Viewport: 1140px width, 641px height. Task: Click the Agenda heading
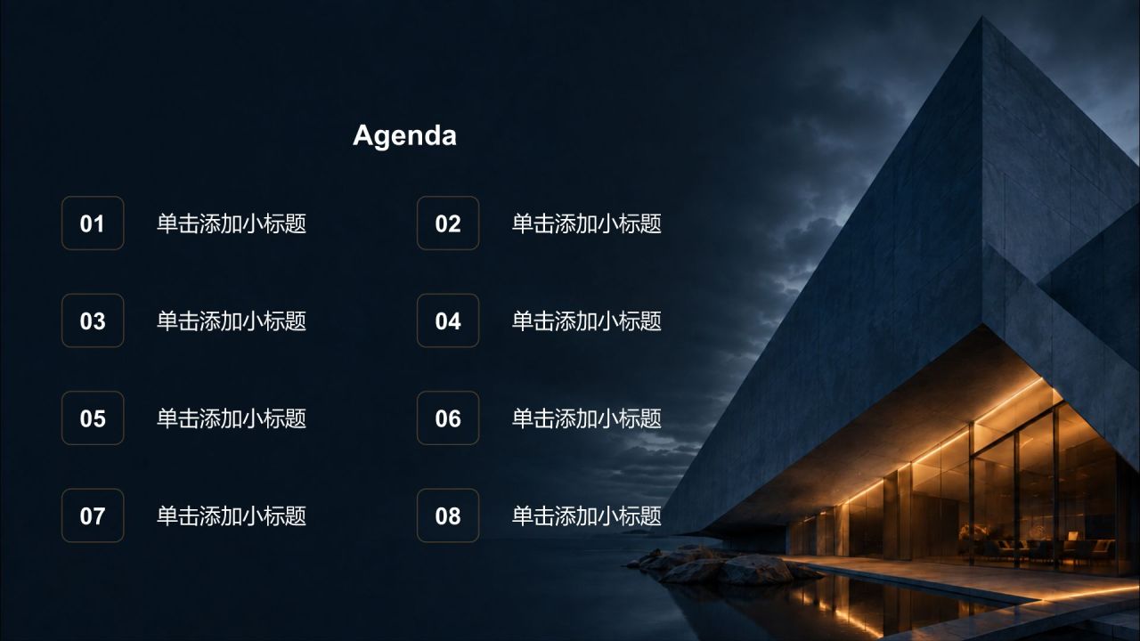(404, 135)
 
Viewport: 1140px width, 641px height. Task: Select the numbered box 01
(93, 223)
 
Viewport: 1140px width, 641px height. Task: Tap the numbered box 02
(448, 223)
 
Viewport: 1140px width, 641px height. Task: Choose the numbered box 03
(93, 320)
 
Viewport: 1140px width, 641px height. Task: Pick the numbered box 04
(448, 320)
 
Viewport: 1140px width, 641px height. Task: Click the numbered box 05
(93, 418)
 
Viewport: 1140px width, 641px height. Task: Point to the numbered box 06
(448, 418)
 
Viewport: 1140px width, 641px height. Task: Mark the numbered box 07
(93, 515)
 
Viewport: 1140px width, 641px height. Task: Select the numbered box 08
(448, 515)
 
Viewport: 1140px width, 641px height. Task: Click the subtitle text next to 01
(232, 223)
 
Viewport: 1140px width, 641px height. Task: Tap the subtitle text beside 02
(587, 223)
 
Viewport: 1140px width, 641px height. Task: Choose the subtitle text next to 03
(232, 321)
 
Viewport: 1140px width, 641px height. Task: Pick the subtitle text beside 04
(587, 321)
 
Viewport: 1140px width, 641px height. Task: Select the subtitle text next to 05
(232, 418)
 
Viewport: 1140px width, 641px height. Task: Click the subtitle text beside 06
(587, 418)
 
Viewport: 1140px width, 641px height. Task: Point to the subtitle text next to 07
(232, 515)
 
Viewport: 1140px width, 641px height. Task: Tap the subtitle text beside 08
(587, 515)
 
